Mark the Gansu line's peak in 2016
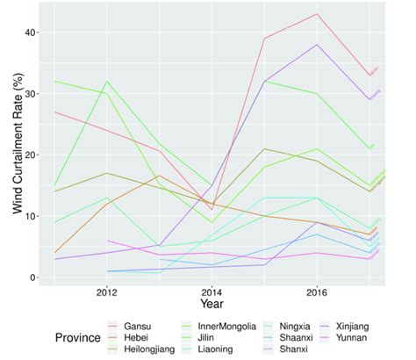(x=316, y=14)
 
